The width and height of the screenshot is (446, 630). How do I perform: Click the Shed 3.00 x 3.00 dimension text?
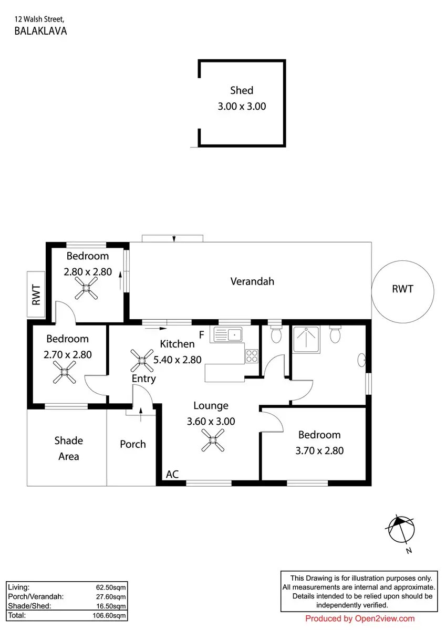click(x=242, y=107)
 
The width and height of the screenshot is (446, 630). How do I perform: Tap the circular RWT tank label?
click(x=403, y=289)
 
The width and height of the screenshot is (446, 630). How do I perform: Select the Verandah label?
click(x=252, y=281)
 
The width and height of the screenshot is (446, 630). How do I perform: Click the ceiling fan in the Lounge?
click(x=213, y=440)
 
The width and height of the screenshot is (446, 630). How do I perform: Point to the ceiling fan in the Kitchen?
click(x=142, y=361)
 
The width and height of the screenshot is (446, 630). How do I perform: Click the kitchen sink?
click(x=228, y=335)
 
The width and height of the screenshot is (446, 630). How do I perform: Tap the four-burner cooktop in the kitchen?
click(x=252, y=356)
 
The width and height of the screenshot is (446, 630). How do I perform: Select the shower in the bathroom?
click(x=306, y=339)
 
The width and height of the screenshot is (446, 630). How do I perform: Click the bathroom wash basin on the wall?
click(x=361, y=360)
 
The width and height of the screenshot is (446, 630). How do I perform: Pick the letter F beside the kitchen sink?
click(x=202, y=335)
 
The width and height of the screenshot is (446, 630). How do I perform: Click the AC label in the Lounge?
click(x=172, y=475)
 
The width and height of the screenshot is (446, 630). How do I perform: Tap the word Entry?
click(x=144, y=379)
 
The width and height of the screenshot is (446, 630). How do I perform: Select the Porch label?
click(x=133, y=444)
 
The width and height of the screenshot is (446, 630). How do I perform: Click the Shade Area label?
click(x=69, y=448)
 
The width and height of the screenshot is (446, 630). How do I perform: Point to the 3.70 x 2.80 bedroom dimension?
click(x=319, y=451)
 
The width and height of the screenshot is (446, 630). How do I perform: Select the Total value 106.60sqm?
click(x=109, y=616)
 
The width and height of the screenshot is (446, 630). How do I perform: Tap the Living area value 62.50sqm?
click(x=111, y=587)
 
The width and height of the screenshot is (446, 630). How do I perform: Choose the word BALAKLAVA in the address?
click(x=40, y=31)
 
